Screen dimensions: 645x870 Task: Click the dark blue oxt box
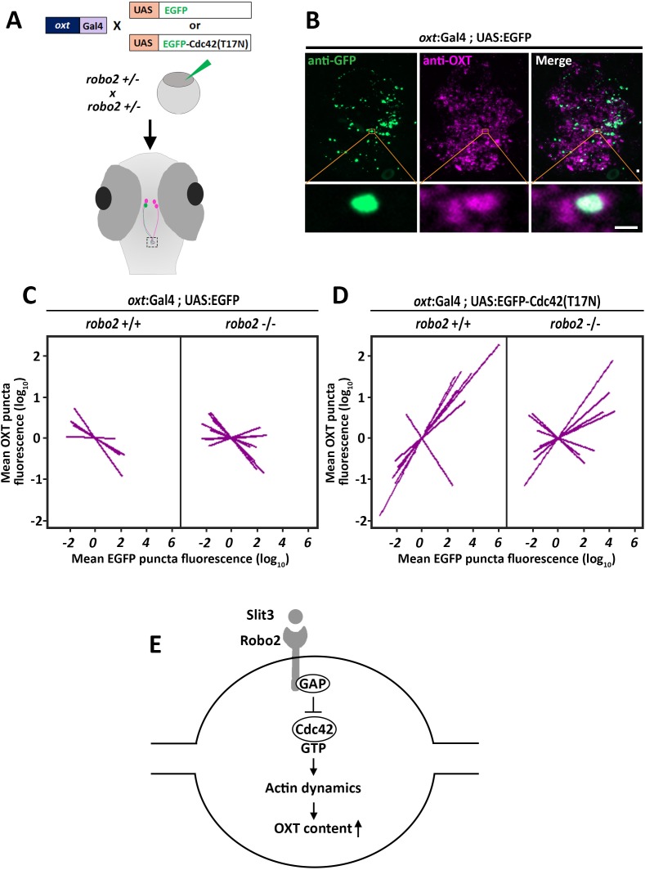tap(63, 25)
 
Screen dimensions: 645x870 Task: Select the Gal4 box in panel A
tap(93, 25)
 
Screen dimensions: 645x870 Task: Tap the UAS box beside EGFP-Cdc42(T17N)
tap(143, 43)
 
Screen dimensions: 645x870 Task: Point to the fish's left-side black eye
tap(103, 198)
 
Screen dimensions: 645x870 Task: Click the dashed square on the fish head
tap(152, 242)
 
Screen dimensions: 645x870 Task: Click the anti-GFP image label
tap(332, 61)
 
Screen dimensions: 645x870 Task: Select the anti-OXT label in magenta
tap(447, 61)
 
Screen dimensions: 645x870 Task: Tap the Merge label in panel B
tap(553, 61)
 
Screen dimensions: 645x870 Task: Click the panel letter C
tap(29, 295)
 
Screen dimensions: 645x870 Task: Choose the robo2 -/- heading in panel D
tap(575, 324)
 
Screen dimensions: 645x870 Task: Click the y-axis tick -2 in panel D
tap(358, 520)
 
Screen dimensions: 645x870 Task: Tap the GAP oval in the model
tap(312, 684)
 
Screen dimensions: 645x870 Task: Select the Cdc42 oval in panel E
tap(314, 729)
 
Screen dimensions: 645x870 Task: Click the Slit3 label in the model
tap(260, 616)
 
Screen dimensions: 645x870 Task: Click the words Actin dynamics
tap(313, 788)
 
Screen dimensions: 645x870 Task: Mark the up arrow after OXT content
tap(358, 828)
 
